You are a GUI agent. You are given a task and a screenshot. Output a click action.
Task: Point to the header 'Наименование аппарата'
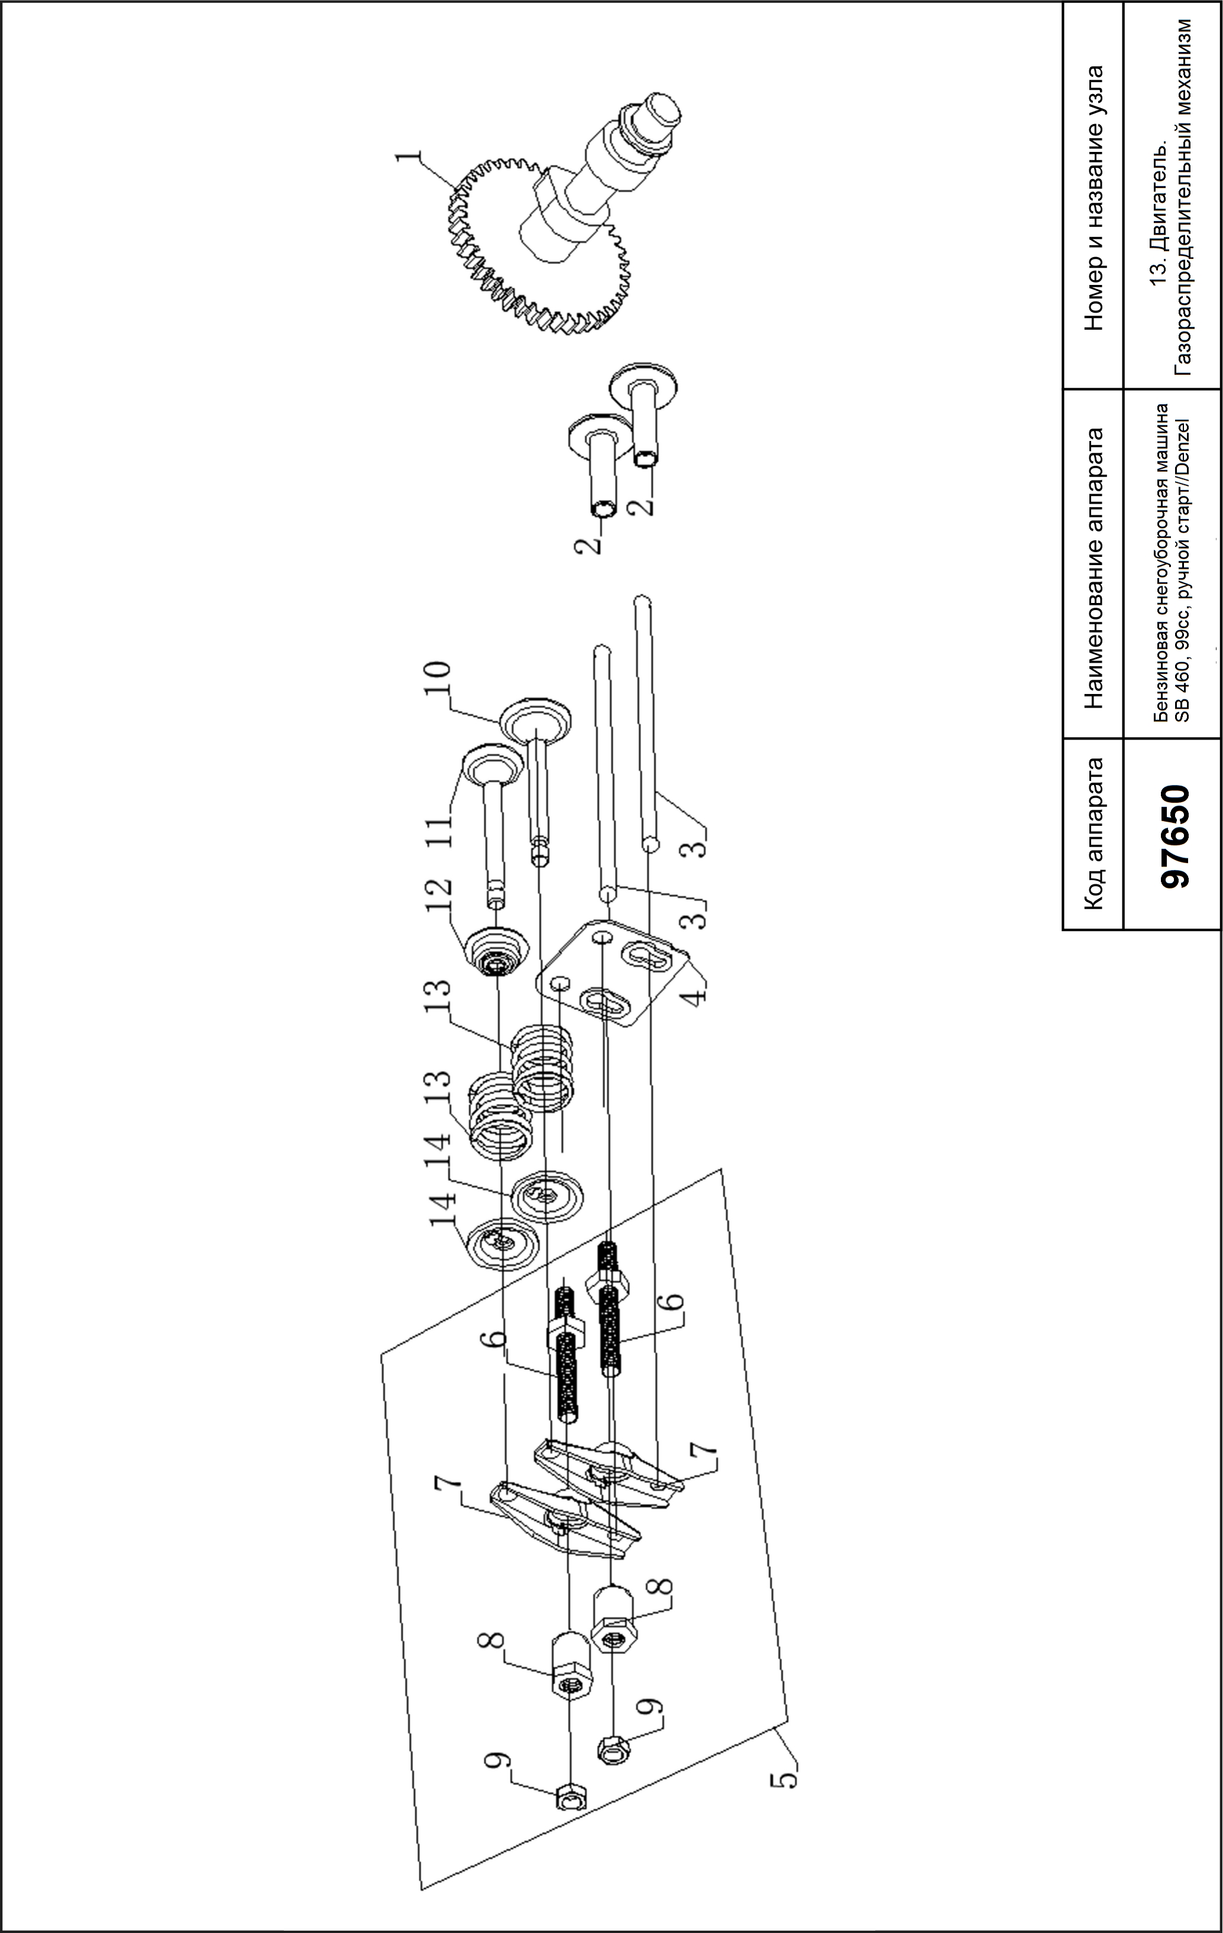pos(1093,567)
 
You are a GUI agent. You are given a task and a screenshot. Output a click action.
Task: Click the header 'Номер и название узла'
pos(1093,197)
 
